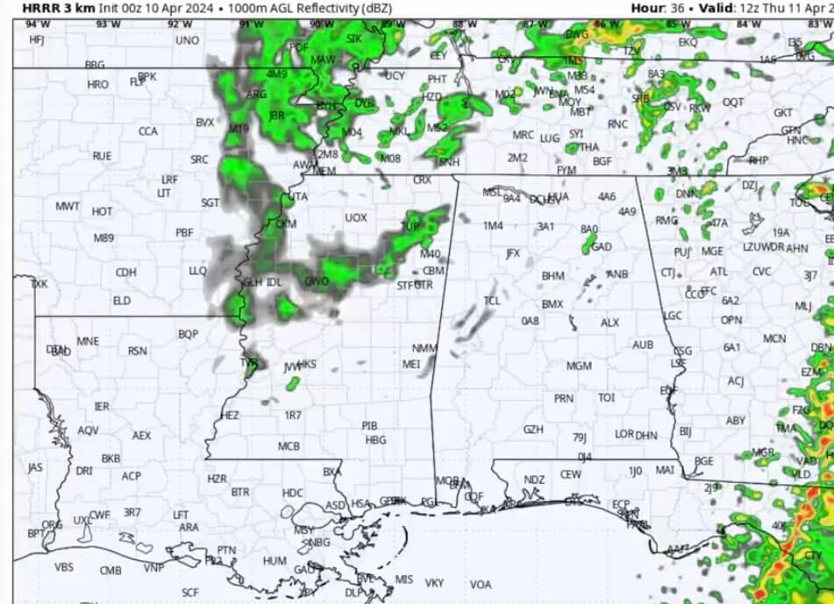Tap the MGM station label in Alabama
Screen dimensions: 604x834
tap(579, 366)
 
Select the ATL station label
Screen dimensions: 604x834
tap(719, 272)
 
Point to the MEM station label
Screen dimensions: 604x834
tap(324, 171)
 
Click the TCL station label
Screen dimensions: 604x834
tap(492, 301)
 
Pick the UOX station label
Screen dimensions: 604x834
tap(355, 217)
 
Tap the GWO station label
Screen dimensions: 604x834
tap(316, 281)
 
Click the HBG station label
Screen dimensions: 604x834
tap(375, 440)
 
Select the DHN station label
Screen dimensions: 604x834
tap(646, 435)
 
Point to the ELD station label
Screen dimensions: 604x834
tap(122, 301)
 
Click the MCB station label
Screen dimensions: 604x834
tap(289, 446)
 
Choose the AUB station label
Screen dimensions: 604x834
tap(643, 345)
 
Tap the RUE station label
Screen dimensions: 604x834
tap(102, 155)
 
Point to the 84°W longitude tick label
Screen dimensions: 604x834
tap(748, 25)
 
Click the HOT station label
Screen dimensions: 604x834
tap(102, 211)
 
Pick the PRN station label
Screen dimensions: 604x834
tap(564, 398)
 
